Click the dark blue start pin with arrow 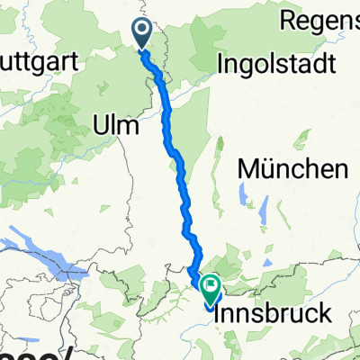click(143, 34)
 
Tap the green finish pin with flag click(212, 289)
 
